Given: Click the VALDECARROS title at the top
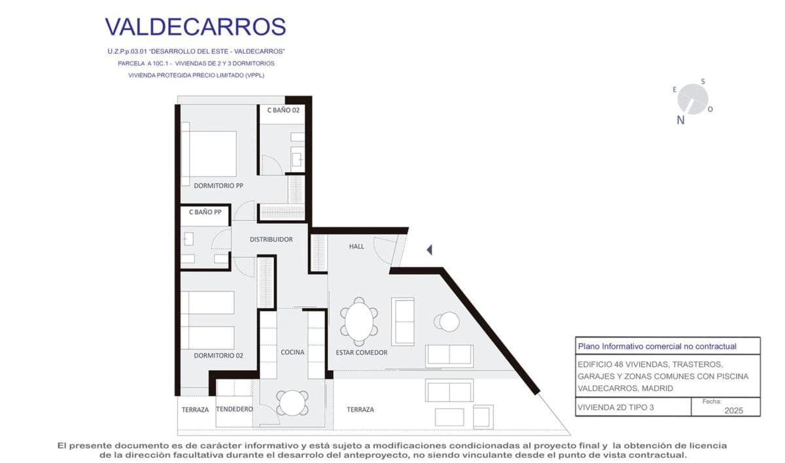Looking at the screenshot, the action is coord(196,27).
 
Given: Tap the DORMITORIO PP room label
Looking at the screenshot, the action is coord(218,185).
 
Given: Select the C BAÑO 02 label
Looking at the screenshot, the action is coord(283,110).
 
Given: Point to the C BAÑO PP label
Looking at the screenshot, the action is coord(205,212).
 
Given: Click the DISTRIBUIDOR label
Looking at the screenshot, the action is coord(271,239).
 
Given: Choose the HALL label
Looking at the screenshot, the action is coord(357,247).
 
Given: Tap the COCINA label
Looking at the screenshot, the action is coord(292,352).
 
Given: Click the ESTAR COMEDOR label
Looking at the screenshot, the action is coord(362,352).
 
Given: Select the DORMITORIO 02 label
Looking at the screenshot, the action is coord(218,356).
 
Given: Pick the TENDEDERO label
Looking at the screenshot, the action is coord(234,409).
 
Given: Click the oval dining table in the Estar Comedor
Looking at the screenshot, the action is coord(359,322).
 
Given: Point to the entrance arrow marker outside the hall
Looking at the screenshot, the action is coord(429,250).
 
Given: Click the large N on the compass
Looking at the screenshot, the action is coord(680,120).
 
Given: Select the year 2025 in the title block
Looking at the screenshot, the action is coord(734,411).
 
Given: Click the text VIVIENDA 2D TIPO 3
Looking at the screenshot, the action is coord(616,407).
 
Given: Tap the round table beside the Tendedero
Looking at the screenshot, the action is coord(292,403).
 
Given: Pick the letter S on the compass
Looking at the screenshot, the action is coord(703,81).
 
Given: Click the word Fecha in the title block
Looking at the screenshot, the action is coord(712,401).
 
